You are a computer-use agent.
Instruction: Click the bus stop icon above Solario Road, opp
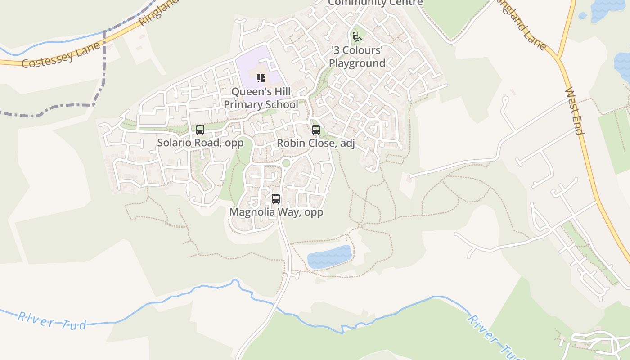click(200, 130)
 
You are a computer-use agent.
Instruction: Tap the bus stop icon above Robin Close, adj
click(316, 130)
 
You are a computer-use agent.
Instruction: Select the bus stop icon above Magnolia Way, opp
click(276, 198)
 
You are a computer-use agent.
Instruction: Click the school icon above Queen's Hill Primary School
click(261, 79)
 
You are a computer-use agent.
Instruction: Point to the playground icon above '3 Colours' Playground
click(357, 36)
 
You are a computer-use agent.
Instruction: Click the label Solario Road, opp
click(200, 143)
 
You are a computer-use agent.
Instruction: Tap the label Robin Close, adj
click(315, 144)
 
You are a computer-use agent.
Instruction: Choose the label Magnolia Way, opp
click(276, 212)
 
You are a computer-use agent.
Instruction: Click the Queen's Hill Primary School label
click(261, 98)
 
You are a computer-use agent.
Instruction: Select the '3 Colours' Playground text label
click(357, 56)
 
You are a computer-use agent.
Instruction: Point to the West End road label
click(574, 111)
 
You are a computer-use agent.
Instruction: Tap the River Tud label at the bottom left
click(52, 320)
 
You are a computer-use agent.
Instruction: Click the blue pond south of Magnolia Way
click(329, 257)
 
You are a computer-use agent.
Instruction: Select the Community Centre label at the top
click(375, 3)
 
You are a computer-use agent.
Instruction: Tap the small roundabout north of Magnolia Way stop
click(286, 163)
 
